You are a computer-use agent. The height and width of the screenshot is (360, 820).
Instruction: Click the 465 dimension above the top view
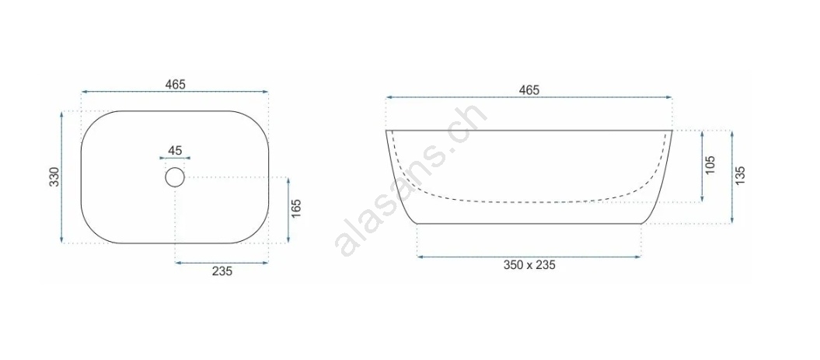[175, 84]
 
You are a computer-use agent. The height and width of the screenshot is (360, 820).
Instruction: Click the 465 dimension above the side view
[529, 90]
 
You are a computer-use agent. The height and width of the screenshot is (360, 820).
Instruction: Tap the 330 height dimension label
[54, 177]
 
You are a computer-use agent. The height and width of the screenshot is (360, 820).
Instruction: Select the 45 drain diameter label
[175, 151]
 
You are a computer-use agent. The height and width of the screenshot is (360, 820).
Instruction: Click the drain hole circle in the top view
[175, 177]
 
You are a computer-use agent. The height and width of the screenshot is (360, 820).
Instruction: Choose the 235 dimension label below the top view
[222, 271]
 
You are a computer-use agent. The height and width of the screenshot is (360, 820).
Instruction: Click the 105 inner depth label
[710, 165]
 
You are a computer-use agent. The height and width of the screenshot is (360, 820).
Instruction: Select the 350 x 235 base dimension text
[529, 265]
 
